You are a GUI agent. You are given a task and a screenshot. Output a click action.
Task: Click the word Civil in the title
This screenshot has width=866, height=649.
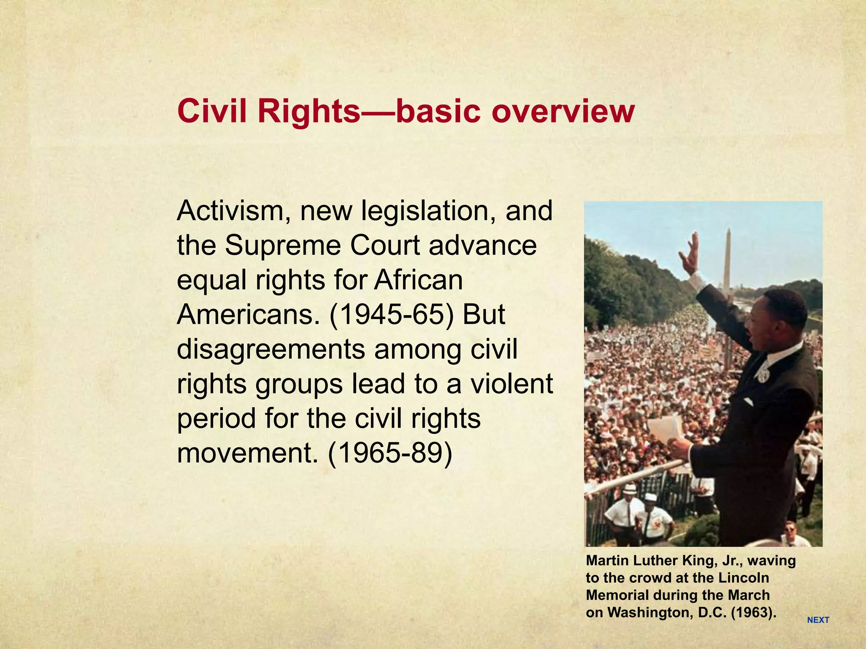(213, 111)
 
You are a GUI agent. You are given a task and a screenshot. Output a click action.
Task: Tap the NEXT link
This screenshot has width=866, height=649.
(818, 620)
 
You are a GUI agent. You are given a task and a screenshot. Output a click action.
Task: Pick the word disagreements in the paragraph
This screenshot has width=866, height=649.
(271, 349)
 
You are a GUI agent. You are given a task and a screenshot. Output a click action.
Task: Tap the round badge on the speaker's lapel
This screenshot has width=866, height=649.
(763, 374)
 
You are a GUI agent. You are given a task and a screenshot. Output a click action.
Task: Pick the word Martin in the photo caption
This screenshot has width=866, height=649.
(607, 561)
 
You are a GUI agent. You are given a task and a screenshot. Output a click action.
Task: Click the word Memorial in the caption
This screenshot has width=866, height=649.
(617, 595)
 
